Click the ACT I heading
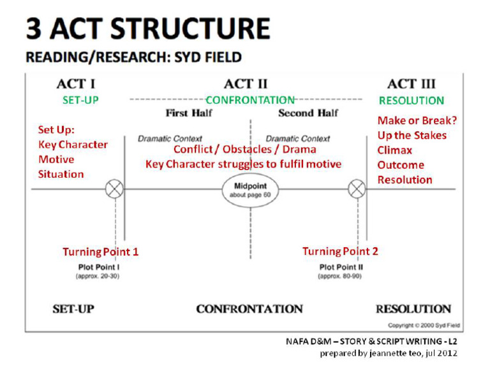[x=76, y=84]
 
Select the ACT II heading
[x=246, y=84]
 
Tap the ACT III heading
[x=411, y=84]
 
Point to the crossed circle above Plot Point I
[x=115, y=189]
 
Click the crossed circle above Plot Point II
[x=357, y=189]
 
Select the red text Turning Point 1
[x=100, y=252]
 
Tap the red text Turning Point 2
[x=340, y=251]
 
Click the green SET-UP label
[x=80, y=101]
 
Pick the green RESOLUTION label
[x=411, y=101]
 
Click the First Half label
[x=189, y=113]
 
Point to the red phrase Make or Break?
[x=417, y=120]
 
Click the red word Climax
[x=395, y=150]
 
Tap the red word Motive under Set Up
[x=56, y=159]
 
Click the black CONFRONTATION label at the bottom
[x=249, y=309]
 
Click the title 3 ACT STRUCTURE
[x=147, y=29]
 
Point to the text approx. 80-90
[x=341, y=276]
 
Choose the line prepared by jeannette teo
[x=389, y=353]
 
